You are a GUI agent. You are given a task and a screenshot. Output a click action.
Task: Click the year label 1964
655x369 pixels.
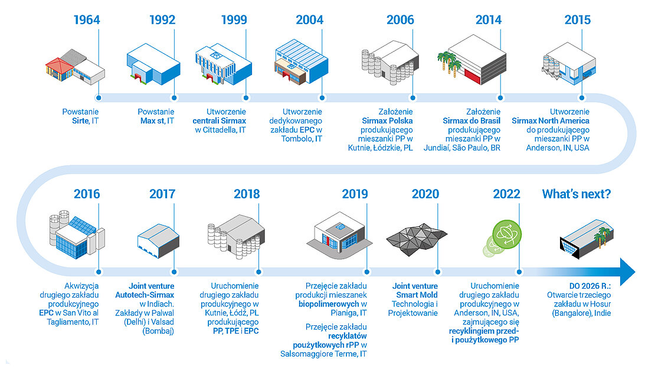tap(87, 19)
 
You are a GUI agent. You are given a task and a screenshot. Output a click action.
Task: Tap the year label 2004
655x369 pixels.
tap(310, 19)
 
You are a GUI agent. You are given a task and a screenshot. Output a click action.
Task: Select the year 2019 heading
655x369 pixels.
tap(355, 194)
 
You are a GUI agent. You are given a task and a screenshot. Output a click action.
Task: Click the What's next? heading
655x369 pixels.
tap(577, 194)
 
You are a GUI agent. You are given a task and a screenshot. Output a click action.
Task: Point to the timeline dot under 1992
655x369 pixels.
tap(174, 98)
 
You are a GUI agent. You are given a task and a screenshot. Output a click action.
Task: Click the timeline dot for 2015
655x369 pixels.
tap(581, 98)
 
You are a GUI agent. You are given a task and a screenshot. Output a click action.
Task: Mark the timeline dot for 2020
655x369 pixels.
tap(437, 272)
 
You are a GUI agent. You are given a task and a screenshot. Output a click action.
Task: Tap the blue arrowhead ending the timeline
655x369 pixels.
tap(627, 272)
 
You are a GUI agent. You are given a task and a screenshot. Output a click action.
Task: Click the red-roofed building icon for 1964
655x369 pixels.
tap(60, 69)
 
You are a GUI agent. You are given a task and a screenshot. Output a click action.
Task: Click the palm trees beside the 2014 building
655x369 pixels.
tap(449, 63)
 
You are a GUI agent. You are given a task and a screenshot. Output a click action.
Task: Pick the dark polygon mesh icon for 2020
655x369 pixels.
tap(417, 239)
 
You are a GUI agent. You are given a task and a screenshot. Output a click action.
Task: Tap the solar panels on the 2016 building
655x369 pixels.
tap(83, 226)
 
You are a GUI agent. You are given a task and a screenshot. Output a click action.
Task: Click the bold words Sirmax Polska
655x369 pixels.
tap(387, 121)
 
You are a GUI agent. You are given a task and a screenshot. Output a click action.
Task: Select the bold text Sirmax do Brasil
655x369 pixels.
tap(471, 121)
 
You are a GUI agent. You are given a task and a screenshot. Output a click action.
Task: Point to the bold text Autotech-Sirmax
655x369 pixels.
tap(145, 295)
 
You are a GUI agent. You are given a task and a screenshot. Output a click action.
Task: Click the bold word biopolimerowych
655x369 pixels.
tap(329, 304)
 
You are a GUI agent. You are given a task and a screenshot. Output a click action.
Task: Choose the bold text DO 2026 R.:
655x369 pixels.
tap(590, 286)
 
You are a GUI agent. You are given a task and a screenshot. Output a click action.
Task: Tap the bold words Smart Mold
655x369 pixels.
tap(417, 295)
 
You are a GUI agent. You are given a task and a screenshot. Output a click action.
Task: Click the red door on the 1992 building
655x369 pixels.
tap(138, 78)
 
